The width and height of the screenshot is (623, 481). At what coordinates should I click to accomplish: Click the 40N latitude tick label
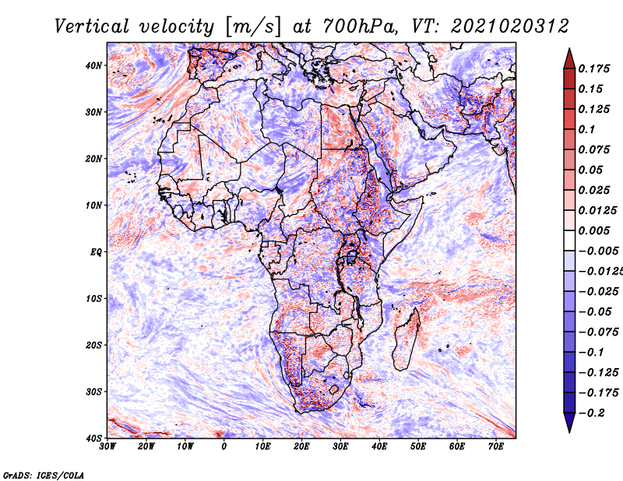point(93,65)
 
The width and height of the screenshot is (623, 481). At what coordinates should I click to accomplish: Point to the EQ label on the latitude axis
point(96,252)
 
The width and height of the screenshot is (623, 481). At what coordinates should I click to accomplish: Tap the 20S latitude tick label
point(93,345)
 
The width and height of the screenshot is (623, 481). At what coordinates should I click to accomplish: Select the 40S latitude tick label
point(93,438)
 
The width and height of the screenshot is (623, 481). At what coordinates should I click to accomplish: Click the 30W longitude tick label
point(107,447)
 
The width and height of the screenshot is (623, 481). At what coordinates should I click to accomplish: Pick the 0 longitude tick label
point(224,447)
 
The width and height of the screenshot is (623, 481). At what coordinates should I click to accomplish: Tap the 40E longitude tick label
point(379,447)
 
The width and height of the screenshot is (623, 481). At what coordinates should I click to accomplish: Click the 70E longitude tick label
point(496,447)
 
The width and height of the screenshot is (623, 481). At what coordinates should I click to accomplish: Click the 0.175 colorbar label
point(594,69)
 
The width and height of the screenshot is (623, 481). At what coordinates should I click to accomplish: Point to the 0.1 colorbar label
point(587,129)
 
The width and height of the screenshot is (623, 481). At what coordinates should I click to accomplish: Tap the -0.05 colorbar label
point(598,312)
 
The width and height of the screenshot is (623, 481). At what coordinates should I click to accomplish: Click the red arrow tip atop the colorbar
point(569,48)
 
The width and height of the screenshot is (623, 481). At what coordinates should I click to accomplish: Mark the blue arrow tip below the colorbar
point(569,432)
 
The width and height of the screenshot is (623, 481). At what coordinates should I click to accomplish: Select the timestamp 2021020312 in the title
point(510,26)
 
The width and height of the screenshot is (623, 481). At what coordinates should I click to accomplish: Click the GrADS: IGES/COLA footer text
point(44,476)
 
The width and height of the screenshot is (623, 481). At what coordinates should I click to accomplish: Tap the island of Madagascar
point(406,340)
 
